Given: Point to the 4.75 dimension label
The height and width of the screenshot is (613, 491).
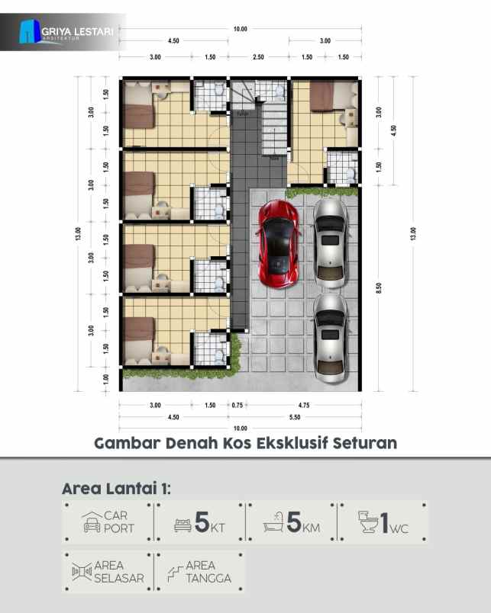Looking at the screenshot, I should click(x=302, y=405).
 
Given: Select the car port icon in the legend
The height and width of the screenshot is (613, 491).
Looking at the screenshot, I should click(x=92, y=522).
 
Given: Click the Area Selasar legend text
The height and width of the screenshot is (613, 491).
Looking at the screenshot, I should click(x=118, y=572).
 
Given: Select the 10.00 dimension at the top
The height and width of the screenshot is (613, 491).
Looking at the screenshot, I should click(x=240, y=29).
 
